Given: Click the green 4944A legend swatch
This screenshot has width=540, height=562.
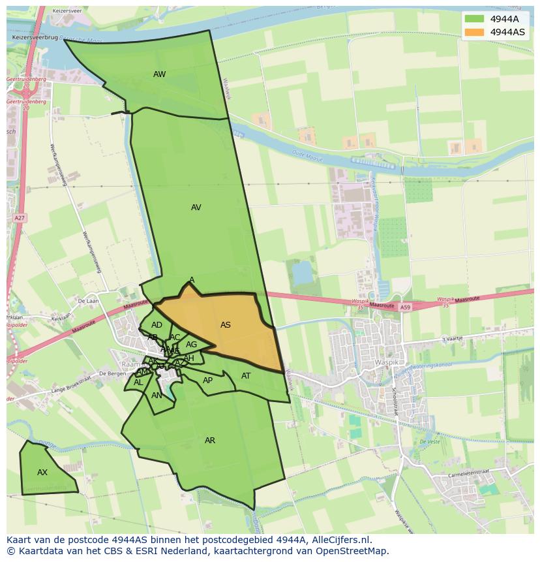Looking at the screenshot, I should (x=474, y=19).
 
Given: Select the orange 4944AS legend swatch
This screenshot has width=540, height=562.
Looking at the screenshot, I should (x=474, y=32).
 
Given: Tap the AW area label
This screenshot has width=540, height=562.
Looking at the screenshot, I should (x=159, y=74).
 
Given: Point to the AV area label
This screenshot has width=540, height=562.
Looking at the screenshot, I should (x=196, y=208).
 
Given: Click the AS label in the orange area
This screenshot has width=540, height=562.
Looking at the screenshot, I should (x=226, y=325).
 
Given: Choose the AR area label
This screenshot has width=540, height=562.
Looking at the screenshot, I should (x=210, y=441).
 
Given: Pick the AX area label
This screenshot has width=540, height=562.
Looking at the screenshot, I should (x=42, y=473).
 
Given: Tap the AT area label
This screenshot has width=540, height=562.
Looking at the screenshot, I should (x=246, y=376).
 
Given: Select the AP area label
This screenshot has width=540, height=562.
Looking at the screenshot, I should (x=207, y=381).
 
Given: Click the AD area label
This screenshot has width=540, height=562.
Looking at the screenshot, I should (x=157, y=325).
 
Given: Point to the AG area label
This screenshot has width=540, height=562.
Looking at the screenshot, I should (x=191, y=345).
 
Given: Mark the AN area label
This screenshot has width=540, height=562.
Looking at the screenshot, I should (x=157, y=396).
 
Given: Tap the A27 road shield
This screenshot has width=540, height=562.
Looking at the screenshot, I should (x=20, y=218).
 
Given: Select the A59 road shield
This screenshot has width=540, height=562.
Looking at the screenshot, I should (x=406, y=307).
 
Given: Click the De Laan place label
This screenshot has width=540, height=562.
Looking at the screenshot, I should (x=87, y=301).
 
